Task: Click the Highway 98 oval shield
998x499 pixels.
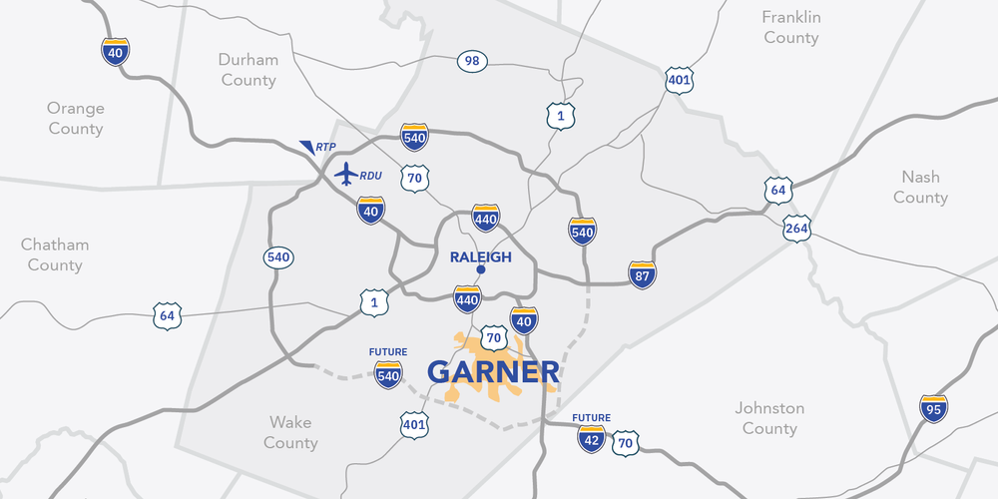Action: point(473,62)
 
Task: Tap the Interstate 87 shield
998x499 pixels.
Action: point(643,275)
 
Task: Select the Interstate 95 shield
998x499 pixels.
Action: point(934,408)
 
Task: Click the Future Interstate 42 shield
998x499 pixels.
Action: point(591,438)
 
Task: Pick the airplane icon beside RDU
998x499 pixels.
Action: point(346,174)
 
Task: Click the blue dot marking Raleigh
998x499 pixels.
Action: point(480,269)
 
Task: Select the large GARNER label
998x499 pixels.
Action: point(493,372)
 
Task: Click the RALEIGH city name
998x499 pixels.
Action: point(480,256)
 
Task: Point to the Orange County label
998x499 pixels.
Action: point(76,119)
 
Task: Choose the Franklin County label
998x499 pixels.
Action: point(791,28)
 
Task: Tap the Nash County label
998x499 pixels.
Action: point(920,187)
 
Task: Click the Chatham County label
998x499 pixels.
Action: point(55,254)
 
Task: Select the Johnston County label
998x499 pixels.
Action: point(769,418)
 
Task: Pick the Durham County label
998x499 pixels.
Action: point(249,70)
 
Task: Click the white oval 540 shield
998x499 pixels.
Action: point(278,257)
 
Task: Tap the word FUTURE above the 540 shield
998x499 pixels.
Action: point(388,352)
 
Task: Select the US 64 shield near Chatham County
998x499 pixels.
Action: point(167,317)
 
